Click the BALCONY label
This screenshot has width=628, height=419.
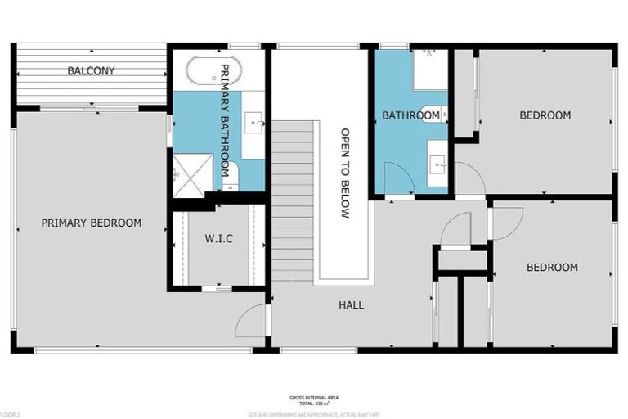[91, 71]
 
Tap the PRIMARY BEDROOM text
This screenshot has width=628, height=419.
[91, 223]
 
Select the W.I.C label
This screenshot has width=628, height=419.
[218, 239]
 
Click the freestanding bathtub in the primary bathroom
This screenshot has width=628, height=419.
[214, 71]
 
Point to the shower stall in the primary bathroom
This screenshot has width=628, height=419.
[187, 173]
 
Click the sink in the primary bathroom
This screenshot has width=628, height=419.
[256, 124]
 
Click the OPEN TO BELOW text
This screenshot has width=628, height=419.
[344, 173]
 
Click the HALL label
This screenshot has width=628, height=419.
[352, 305]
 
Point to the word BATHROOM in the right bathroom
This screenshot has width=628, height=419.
[410, 115]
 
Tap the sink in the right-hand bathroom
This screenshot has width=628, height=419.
[438, 164]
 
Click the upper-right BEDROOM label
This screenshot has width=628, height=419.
[545, 115]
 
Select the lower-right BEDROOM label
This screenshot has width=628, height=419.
[551, 267]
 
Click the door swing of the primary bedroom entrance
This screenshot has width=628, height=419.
[252, 321]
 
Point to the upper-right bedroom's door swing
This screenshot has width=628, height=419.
[469, 178]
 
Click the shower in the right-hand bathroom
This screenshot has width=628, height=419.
[430, 70]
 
